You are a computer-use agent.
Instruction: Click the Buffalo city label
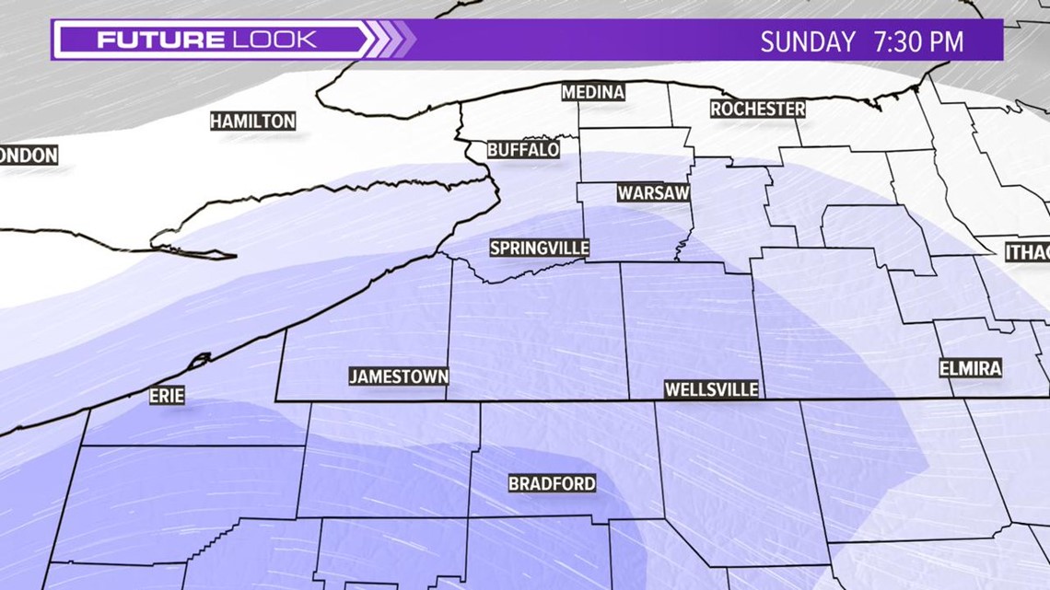coord(523,149)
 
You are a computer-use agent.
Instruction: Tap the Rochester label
coord(757,109)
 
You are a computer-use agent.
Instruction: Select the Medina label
coord(593,92)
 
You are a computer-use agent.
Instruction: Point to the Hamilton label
coord(252,121)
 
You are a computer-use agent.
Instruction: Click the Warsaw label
coord(653,193)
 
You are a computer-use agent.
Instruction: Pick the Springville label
coord(539,249)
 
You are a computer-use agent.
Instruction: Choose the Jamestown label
coord(399,376)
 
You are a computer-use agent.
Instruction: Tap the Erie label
coord(167,396)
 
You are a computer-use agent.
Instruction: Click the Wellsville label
coord(711,389)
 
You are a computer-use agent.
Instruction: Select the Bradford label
coord(552,483)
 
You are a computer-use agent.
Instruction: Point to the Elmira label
coord(970,368)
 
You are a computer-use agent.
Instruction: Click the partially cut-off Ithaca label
coord(1027,252)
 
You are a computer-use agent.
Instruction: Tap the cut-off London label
coord(29,156)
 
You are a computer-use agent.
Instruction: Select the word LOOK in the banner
coord(273,40)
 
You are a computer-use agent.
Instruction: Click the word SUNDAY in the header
coord(808,41)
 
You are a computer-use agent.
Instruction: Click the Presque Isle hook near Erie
coord(200,359)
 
